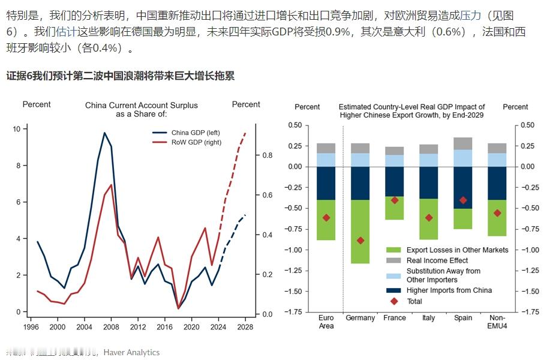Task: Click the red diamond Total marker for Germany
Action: pos(360,240)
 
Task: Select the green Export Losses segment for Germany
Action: pos(360,232)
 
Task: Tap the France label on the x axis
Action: pos(395,318)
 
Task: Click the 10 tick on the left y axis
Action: pos(16,129)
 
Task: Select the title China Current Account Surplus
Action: pos(141,106)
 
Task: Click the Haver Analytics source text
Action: pos(131,352)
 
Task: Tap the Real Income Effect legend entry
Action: pos(437,260)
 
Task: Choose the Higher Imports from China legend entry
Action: pos(449,290)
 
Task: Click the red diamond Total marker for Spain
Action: pos(463,200)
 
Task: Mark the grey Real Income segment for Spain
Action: pos(463,143)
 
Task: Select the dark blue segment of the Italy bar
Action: pos(429,182)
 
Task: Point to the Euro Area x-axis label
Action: pos(326,322)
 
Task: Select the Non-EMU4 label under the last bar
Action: pos(497,322)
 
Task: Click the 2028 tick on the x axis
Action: pos(245,328)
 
